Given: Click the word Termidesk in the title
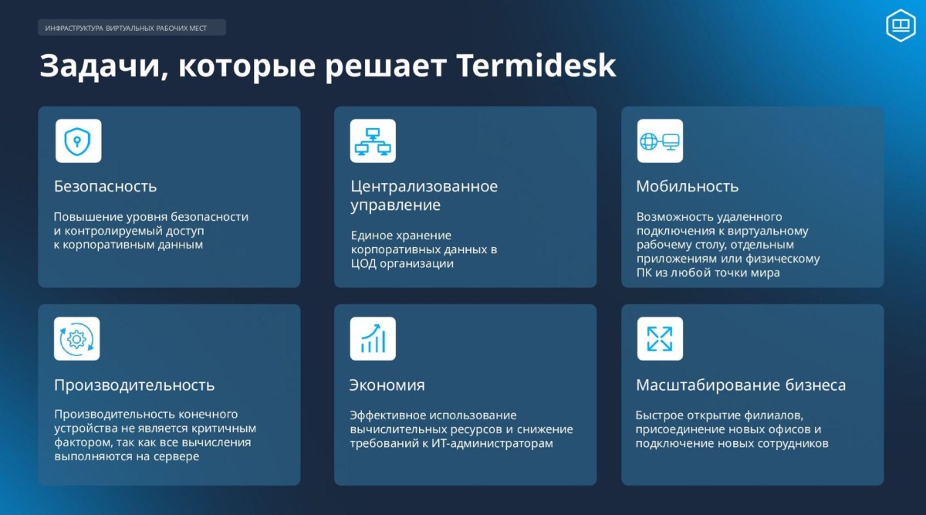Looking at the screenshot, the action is pos(536,65).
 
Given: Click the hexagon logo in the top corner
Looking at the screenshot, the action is pos(901,25).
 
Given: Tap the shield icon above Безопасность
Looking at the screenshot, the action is pos(78,141).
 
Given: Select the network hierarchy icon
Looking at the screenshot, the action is pos(373,141).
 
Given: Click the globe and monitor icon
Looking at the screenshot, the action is pos(660,141).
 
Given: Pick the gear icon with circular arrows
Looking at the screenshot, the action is pos(77,339).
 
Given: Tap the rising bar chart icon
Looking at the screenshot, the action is pos(373,339).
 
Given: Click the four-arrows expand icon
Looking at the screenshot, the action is pos(660,339).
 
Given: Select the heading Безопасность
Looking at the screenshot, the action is pos(106,186).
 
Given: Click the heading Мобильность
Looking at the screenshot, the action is pos(687,186).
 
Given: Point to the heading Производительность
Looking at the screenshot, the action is pos(134,385).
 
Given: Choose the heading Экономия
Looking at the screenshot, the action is pos(387,385).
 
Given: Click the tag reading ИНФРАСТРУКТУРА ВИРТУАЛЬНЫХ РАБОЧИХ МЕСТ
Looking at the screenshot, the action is pos(132,28).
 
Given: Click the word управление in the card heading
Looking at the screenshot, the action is pos(396,205).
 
